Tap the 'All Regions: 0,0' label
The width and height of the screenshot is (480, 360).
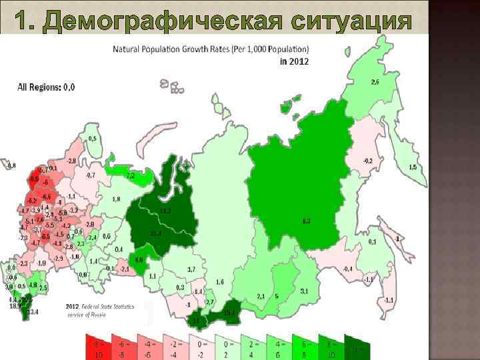pos(46,87)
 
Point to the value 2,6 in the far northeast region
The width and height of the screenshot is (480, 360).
pos(374,83)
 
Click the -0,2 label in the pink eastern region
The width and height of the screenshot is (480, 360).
pos(367,161)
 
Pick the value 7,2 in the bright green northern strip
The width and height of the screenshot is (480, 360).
pos(131,175)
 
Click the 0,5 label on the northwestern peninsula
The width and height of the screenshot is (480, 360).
pos(92,138)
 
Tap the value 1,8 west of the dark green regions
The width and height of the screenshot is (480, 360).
pos(116,199)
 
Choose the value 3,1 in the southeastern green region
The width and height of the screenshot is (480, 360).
pos(303,291)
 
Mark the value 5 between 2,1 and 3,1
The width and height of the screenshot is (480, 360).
pos(276,295)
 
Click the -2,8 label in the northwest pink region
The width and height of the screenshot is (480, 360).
pos(71,161)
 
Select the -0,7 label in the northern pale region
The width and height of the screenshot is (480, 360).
pos(90,175)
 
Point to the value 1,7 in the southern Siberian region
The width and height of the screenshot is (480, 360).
pos(191,269)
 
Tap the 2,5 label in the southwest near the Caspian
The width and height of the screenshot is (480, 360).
pos(43,287)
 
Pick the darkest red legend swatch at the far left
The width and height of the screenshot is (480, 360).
pos(97,346)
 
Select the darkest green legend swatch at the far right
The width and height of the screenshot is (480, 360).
pos(357,346)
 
